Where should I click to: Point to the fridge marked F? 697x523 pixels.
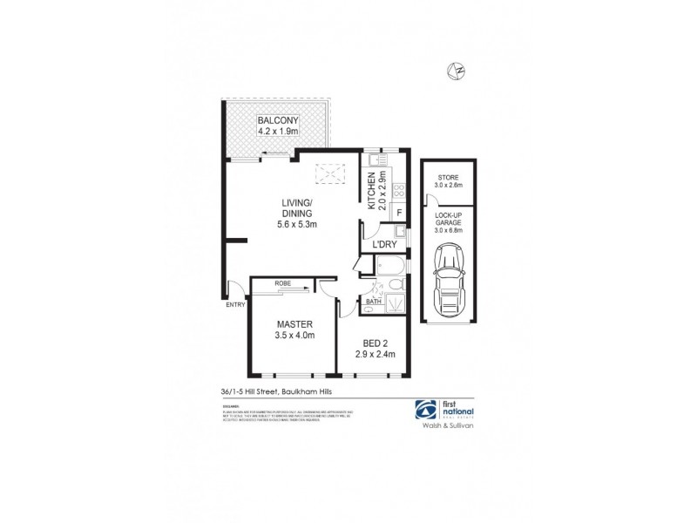click(399, 212)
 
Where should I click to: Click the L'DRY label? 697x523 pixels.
click(385, 246)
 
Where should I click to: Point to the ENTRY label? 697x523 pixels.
click(235, 304)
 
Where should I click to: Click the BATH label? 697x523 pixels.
click(373, 302)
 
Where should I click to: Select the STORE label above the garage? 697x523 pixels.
click(449, 178)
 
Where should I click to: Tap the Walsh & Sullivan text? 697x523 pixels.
click(448, 429)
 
